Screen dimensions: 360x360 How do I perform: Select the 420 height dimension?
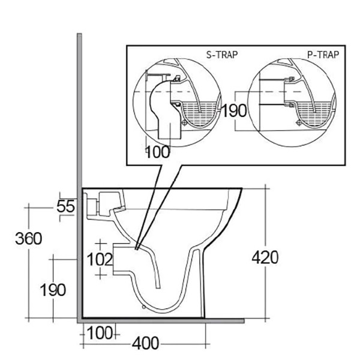[x=265, y=258]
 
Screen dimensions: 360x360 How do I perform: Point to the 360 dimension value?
[x=29, y=238]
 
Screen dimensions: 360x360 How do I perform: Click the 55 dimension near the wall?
[x=67, y=206]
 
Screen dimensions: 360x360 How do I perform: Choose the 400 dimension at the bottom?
[x=145, y=344]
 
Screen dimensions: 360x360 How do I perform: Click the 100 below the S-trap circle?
[x=158, y=152]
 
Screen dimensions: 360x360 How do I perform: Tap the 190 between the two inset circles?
[x=234, y=111]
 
